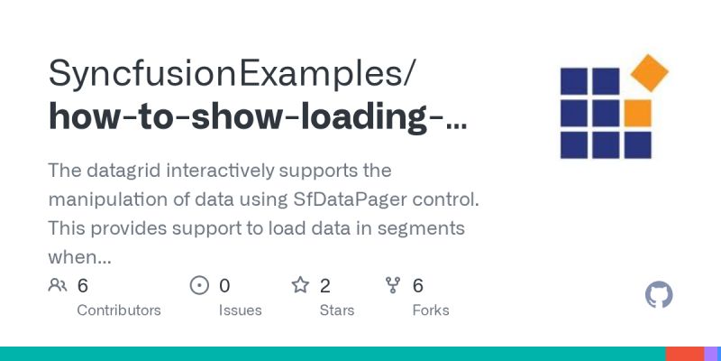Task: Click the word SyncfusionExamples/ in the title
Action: [x=231, y=71]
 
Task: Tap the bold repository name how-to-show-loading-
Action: [x=258, y=118]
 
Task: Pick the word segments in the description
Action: [x=422, y=227]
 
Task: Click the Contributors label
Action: [x=119, y=310]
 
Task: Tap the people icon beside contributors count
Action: [x=58, y=286]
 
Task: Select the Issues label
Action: [x=241, y=310]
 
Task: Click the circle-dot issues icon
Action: [x=200, y=286]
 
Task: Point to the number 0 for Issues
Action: [x=224, y=286]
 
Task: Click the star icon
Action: [x=300, y=286]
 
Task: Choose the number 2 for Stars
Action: [x=325, y=286]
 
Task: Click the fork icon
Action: [x=393, y=286]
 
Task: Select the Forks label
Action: [x=430, y=310]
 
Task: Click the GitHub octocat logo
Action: [x=660, y=295]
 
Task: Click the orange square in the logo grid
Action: [x=637, y=113]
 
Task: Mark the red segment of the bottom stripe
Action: [x=685, y=354]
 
